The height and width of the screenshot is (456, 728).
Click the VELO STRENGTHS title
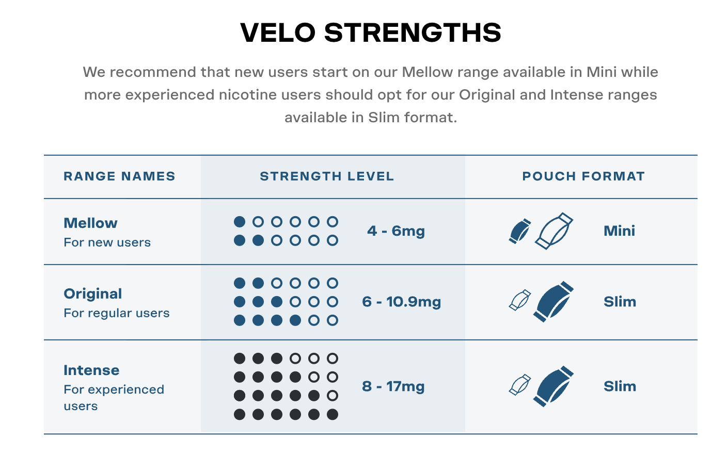371,33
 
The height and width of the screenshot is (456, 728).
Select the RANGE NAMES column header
119,176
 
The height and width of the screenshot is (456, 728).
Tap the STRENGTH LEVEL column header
327,176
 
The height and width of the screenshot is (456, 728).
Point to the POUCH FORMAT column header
583,176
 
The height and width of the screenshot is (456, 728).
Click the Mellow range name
90,223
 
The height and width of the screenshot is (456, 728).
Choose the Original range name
93,294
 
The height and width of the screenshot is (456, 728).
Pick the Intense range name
91,370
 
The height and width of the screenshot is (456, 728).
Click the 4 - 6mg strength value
396,231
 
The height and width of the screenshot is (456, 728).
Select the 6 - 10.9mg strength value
402,302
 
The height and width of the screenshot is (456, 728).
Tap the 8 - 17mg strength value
393,386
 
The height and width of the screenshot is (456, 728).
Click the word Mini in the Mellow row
619,231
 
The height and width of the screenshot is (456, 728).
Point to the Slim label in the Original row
620,302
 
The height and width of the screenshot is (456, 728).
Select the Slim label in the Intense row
620,386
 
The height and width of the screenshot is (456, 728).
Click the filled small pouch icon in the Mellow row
520,231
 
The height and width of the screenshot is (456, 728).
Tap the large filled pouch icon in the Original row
554,301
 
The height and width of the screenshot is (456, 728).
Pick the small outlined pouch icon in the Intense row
520,385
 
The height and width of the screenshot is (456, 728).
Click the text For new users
107,242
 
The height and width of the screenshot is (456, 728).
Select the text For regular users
117,313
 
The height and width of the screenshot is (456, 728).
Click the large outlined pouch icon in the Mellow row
554,231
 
